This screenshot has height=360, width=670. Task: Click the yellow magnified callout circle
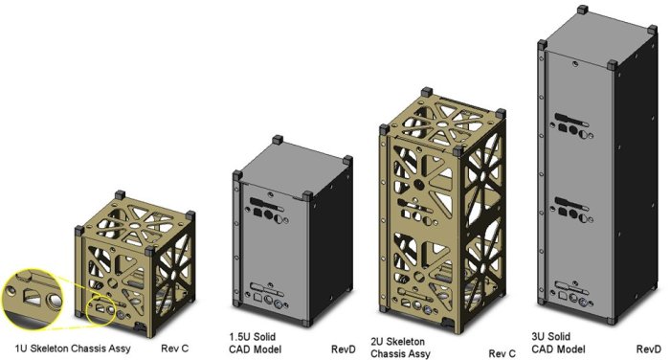tap(36, 299)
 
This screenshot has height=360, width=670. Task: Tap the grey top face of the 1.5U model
tap(291, 162)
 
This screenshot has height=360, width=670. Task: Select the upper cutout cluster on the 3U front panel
tap(571, 123)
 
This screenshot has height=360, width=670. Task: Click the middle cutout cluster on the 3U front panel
tap(572, 206)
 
